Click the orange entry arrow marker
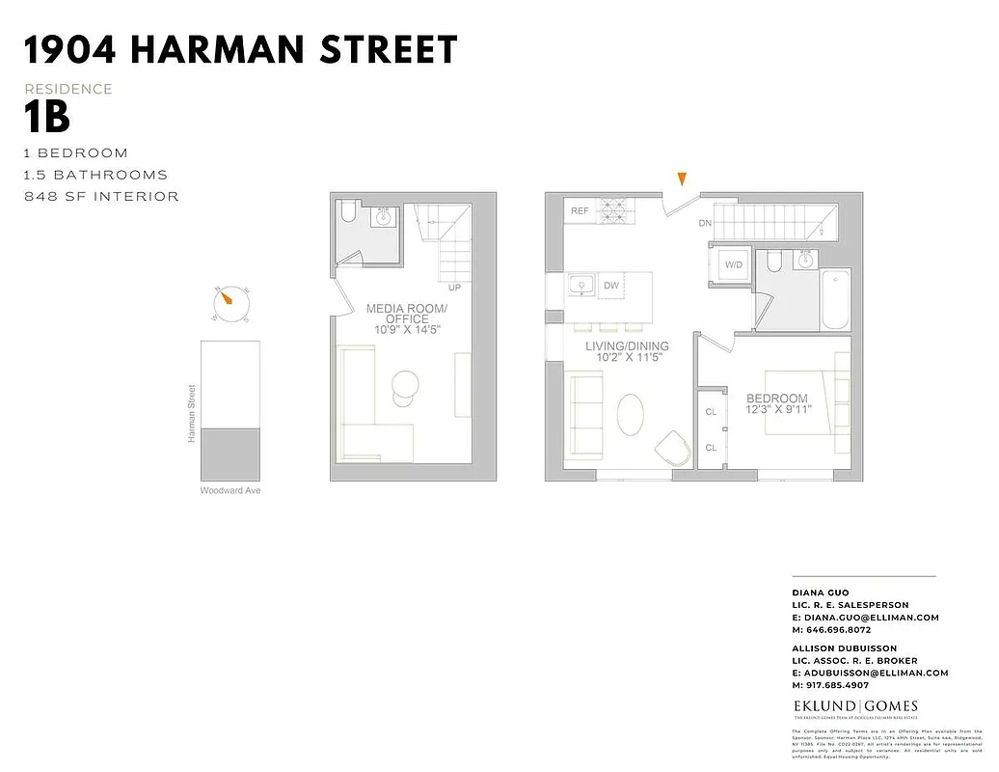683,179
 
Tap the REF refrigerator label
580,210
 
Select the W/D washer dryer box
733,263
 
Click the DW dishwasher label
611,286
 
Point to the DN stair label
706,223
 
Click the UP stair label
454,288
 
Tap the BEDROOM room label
776,399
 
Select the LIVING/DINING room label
627,346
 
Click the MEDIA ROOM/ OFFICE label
406,315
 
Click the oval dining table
632,416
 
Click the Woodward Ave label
230,491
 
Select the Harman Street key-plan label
191,414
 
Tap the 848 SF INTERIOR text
102,197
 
